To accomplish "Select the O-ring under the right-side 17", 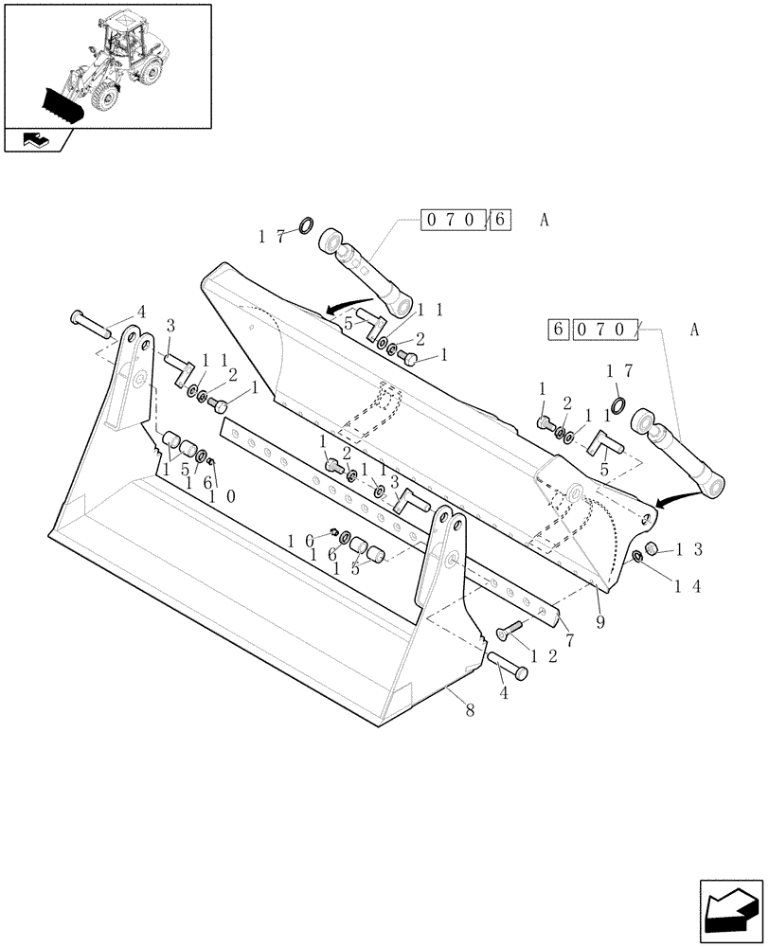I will [618, 407].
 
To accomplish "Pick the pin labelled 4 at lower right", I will [510, 666].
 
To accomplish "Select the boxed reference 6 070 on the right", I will [594, 331].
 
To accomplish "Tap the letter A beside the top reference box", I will [545, 221].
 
